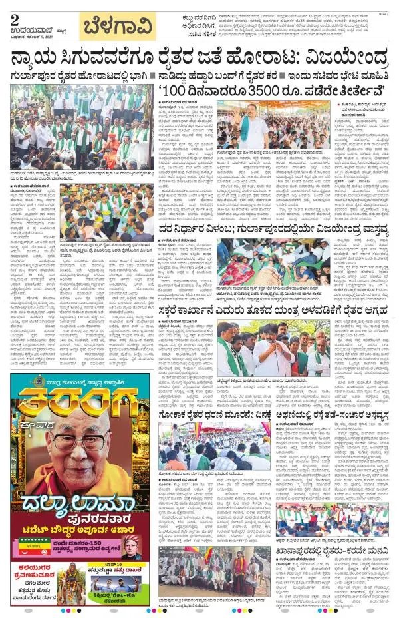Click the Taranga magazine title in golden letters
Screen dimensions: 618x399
[79, 407]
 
